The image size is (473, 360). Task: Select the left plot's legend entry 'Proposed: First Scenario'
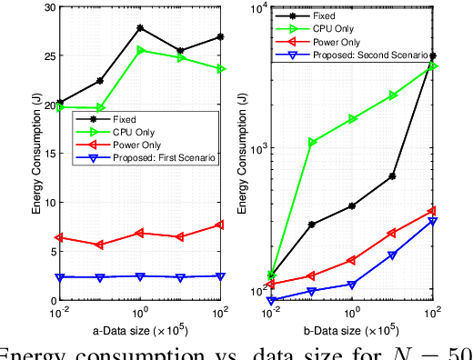click(159, 157)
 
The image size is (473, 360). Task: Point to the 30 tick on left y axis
click(47, 6)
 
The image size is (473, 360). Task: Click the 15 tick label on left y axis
click(47, 153)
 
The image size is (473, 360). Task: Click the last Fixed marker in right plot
click(433, 55)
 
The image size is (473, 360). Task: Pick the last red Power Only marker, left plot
click(219, 225)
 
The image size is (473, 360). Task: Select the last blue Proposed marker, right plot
click(433, 221)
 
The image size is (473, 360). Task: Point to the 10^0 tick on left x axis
click(139, 310)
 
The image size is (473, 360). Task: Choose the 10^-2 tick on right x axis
click(272, 310)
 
